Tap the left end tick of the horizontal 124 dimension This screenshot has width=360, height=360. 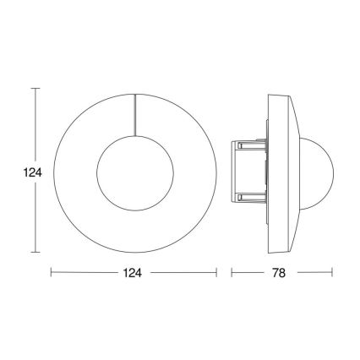[51, 273]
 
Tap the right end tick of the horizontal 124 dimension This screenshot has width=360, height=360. [216, 273]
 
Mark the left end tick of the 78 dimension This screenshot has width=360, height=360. [231, 273]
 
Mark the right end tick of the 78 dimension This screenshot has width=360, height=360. [332, 273]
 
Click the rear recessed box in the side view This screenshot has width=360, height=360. [249, 170]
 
